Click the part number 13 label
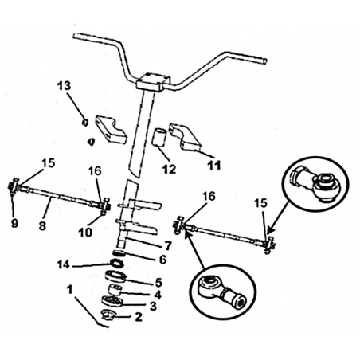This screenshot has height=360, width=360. [65, 86]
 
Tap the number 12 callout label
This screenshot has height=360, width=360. [170, 169]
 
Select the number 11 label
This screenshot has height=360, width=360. [214, 166]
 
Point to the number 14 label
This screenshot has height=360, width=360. [64, 264]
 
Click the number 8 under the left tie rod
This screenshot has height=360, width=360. [42, 226]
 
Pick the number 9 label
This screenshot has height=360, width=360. [14, 223]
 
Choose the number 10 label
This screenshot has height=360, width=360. [85, 233]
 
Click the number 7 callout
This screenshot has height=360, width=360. [168, 245]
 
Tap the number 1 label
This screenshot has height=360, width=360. [70, 290]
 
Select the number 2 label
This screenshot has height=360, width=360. [139, 317]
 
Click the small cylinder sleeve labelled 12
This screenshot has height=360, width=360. [158, 137]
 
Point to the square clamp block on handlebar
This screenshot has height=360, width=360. [153, 82]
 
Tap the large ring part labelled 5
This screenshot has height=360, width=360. [116, 276]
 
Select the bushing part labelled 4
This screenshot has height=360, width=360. [115, 290]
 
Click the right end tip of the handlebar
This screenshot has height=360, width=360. [265, 61]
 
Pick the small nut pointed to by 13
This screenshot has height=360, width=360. [84, 123]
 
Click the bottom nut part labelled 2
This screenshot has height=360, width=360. [108, 315]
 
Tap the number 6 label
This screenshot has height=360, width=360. [162, 259]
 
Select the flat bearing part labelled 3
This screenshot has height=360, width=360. [112, 302]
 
